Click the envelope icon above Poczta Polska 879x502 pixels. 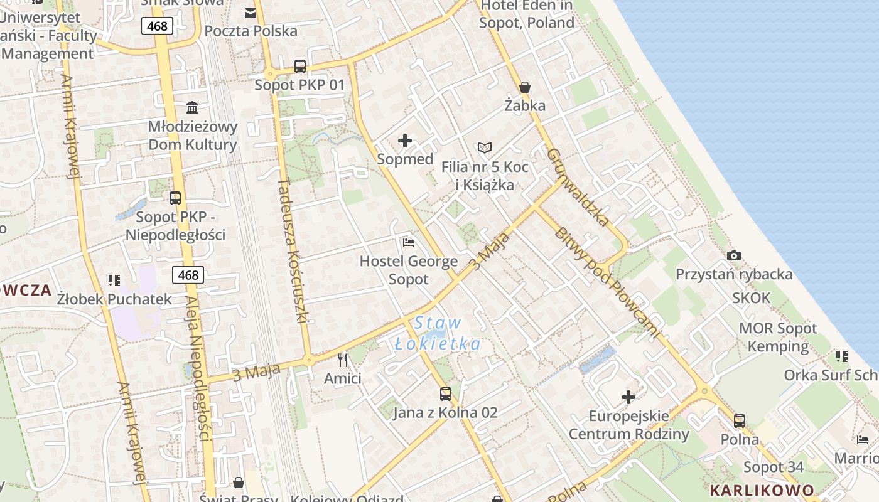[x=251, y=13]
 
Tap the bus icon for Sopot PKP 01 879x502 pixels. [x=300, y=66]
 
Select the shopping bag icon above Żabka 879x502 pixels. [x=524, y=87]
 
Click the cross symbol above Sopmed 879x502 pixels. [x=405, y=141]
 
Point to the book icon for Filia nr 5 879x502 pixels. [x=484, y=147]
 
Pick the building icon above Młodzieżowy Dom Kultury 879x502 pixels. [x=192, y=108]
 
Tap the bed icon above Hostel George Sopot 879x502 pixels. [x=408, y=242]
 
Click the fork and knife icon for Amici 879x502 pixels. [x=342, y=360]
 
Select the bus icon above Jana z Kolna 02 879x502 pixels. [x=445, y=394]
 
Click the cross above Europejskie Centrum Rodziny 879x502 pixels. [x=628, y=397]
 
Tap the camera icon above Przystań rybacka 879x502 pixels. [x=733, y=255]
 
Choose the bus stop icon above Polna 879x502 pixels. [x=740, y=420]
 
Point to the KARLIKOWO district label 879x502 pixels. [x=762, y=490]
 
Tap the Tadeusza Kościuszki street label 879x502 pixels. [x=292, y=250]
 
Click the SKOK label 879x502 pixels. [x=751, y=298]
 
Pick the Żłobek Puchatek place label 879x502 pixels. [x=114, y=299]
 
